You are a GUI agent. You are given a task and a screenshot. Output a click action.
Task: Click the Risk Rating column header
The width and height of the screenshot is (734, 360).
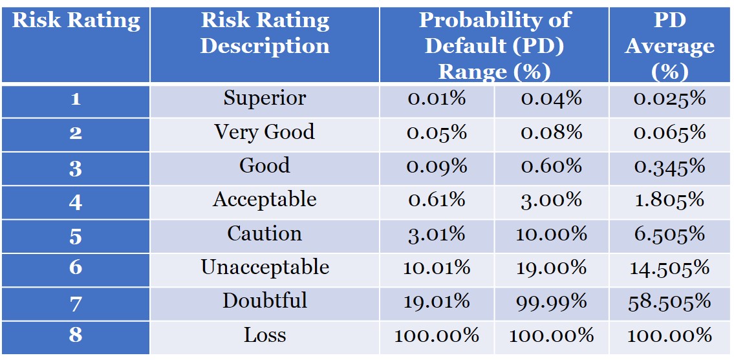click(x=76, y=21)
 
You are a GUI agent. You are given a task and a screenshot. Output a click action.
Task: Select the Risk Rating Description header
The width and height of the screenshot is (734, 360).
click(x=264, y=33)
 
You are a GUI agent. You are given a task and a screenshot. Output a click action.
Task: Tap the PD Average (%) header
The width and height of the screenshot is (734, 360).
click(x=669, y=45)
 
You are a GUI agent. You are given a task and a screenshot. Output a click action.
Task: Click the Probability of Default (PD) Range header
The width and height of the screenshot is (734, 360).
click(x=494, y=45)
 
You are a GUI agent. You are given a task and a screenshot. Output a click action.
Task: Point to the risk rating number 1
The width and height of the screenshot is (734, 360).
click(x=76, y=100)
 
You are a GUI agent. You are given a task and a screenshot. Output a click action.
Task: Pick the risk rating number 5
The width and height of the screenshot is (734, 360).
click(x=76, y=235)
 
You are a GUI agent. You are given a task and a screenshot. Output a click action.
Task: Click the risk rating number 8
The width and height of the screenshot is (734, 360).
click(x=76, y=335)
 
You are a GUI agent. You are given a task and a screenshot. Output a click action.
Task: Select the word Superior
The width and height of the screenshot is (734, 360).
click(x=264, y=98)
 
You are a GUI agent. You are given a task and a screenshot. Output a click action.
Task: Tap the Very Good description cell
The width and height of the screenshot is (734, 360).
click(x=264, y=132)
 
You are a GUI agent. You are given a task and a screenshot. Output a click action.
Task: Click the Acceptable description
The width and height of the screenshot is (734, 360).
click(x=264, y=200)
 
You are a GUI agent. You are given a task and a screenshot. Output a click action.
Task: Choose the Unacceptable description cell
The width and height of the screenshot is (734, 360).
click(x=264, y=267)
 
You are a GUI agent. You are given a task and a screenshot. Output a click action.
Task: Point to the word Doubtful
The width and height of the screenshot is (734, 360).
click(x=264, y=301)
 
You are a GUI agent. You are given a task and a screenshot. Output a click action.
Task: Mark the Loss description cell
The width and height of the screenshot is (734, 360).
click(x=264, y=335)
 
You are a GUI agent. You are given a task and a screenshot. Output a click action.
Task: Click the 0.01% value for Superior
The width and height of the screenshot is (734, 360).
click(x=437, y=99)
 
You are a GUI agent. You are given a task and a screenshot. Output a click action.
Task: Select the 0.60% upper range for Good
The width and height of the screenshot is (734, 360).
click(x=551, y=166)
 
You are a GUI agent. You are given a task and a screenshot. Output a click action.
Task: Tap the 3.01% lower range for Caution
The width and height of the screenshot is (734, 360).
click(x=437, y=233)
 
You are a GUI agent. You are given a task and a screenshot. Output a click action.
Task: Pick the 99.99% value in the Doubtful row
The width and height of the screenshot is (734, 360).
click(x=551, y=301)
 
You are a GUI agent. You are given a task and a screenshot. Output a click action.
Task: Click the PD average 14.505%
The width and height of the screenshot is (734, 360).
click(x=669, y=268)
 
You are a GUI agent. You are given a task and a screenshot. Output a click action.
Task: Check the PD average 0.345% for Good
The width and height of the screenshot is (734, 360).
click(x=669, y=166)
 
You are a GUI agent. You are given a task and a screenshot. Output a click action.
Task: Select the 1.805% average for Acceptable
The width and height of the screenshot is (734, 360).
click(x=669, y=200)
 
